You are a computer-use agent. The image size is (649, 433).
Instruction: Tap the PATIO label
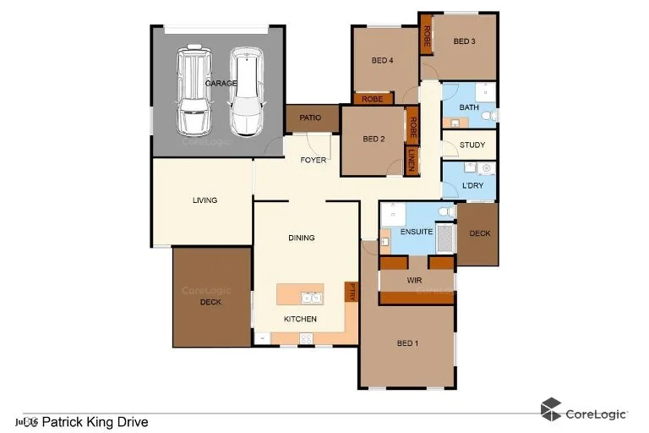point(310,118)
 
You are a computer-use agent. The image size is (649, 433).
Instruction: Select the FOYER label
point(313,160)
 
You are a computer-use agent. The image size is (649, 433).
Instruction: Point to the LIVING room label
point(205,200)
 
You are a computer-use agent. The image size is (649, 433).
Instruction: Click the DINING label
point(301,238)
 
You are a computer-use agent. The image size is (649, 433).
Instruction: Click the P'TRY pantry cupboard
point(352,293)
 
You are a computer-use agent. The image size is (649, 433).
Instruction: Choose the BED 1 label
point(407,343)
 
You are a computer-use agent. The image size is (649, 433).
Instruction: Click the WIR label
point(415,278)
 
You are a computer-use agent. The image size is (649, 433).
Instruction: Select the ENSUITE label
point(417,231)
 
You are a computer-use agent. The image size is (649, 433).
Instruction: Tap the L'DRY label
point(472,186)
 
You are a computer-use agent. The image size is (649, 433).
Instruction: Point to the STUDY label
point(472,145)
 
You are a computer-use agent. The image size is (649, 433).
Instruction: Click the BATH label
point(468,107)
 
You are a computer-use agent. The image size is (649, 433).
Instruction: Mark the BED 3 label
point(465,41)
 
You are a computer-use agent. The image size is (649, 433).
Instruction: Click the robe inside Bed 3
point(427,36)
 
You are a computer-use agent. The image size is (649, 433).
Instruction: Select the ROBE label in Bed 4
point(372,99)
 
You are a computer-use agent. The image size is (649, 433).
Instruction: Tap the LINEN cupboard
point(412,159)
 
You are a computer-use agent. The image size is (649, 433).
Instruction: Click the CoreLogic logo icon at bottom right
point(551,409)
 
